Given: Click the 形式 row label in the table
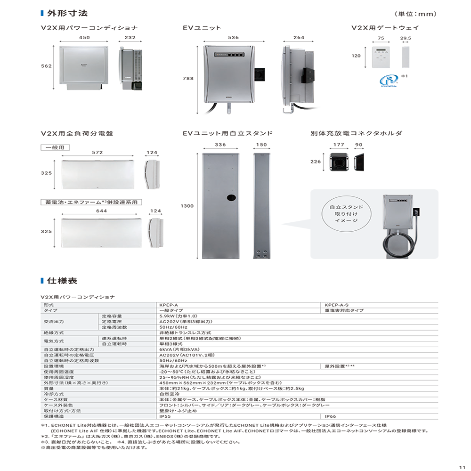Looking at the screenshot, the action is [x=49, y=305].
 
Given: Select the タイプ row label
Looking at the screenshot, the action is [x=51, y=311].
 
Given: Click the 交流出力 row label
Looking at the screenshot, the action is [x=54, y=322].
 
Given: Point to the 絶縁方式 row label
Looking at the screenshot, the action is [x=54, y=333].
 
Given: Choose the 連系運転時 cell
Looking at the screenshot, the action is [x=114, y=339].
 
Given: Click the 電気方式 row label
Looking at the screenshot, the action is [x=54, y=341].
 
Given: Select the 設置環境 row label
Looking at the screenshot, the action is [x=54, y=366].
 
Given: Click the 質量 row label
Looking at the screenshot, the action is [x=49, y=389].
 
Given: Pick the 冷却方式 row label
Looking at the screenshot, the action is [x=54, y=394].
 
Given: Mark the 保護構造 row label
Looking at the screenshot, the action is [x=54, y=416].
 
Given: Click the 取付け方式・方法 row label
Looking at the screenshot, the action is [x=62, y=411].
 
